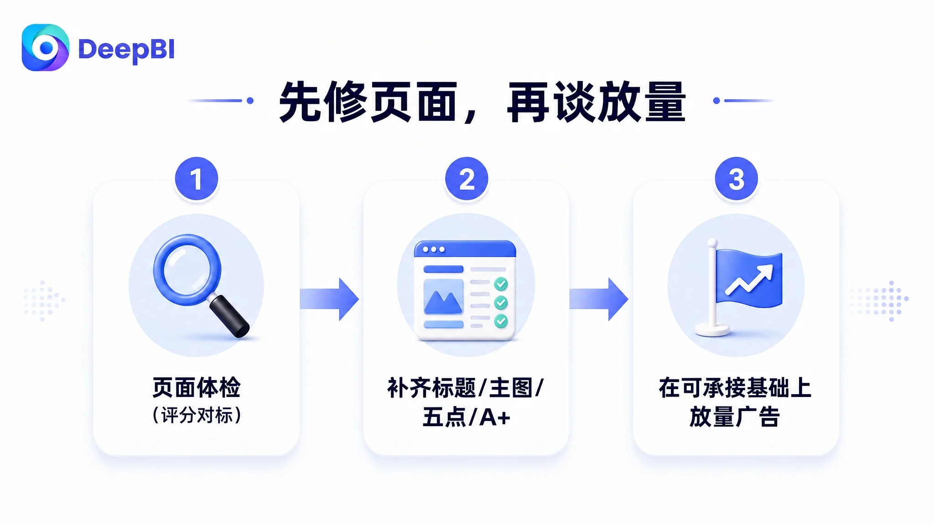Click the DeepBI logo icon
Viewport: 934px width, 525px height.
coord(46,47)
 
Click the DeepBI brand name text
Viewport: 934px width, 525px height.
coord(126,49)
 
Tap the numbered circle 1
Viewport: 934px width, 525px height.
coord(197,179)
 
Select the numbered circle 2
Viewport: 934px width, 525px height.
coord(467,179)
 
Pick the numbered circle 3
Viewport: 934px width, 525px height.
coord(737,179)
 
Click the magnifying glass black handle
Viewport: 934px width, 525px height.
coord(229,316)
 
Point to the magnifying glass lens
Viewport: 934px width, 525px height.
coord(187,269)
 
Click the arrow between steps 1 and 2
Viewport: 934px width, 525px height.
coord(329,299)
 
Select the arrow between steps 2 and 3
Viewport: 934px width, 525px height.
coord(599,299)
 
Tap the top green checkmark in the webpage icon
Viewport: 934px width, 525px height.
coord(501,284)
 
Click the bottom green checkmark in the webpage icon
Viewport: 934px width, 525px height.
coord(501,321)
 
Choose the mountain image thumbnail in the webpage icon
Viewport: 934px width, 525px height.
coord(443,297)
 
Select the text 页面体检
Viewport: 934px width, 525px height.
coord(197,388)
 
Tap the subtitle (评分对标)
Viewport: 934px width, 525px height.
coord(197,415)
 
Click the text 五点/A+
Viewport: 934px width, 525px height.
coord(466,417)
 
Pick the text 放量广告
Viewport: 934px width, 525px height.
coord(735,417)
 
